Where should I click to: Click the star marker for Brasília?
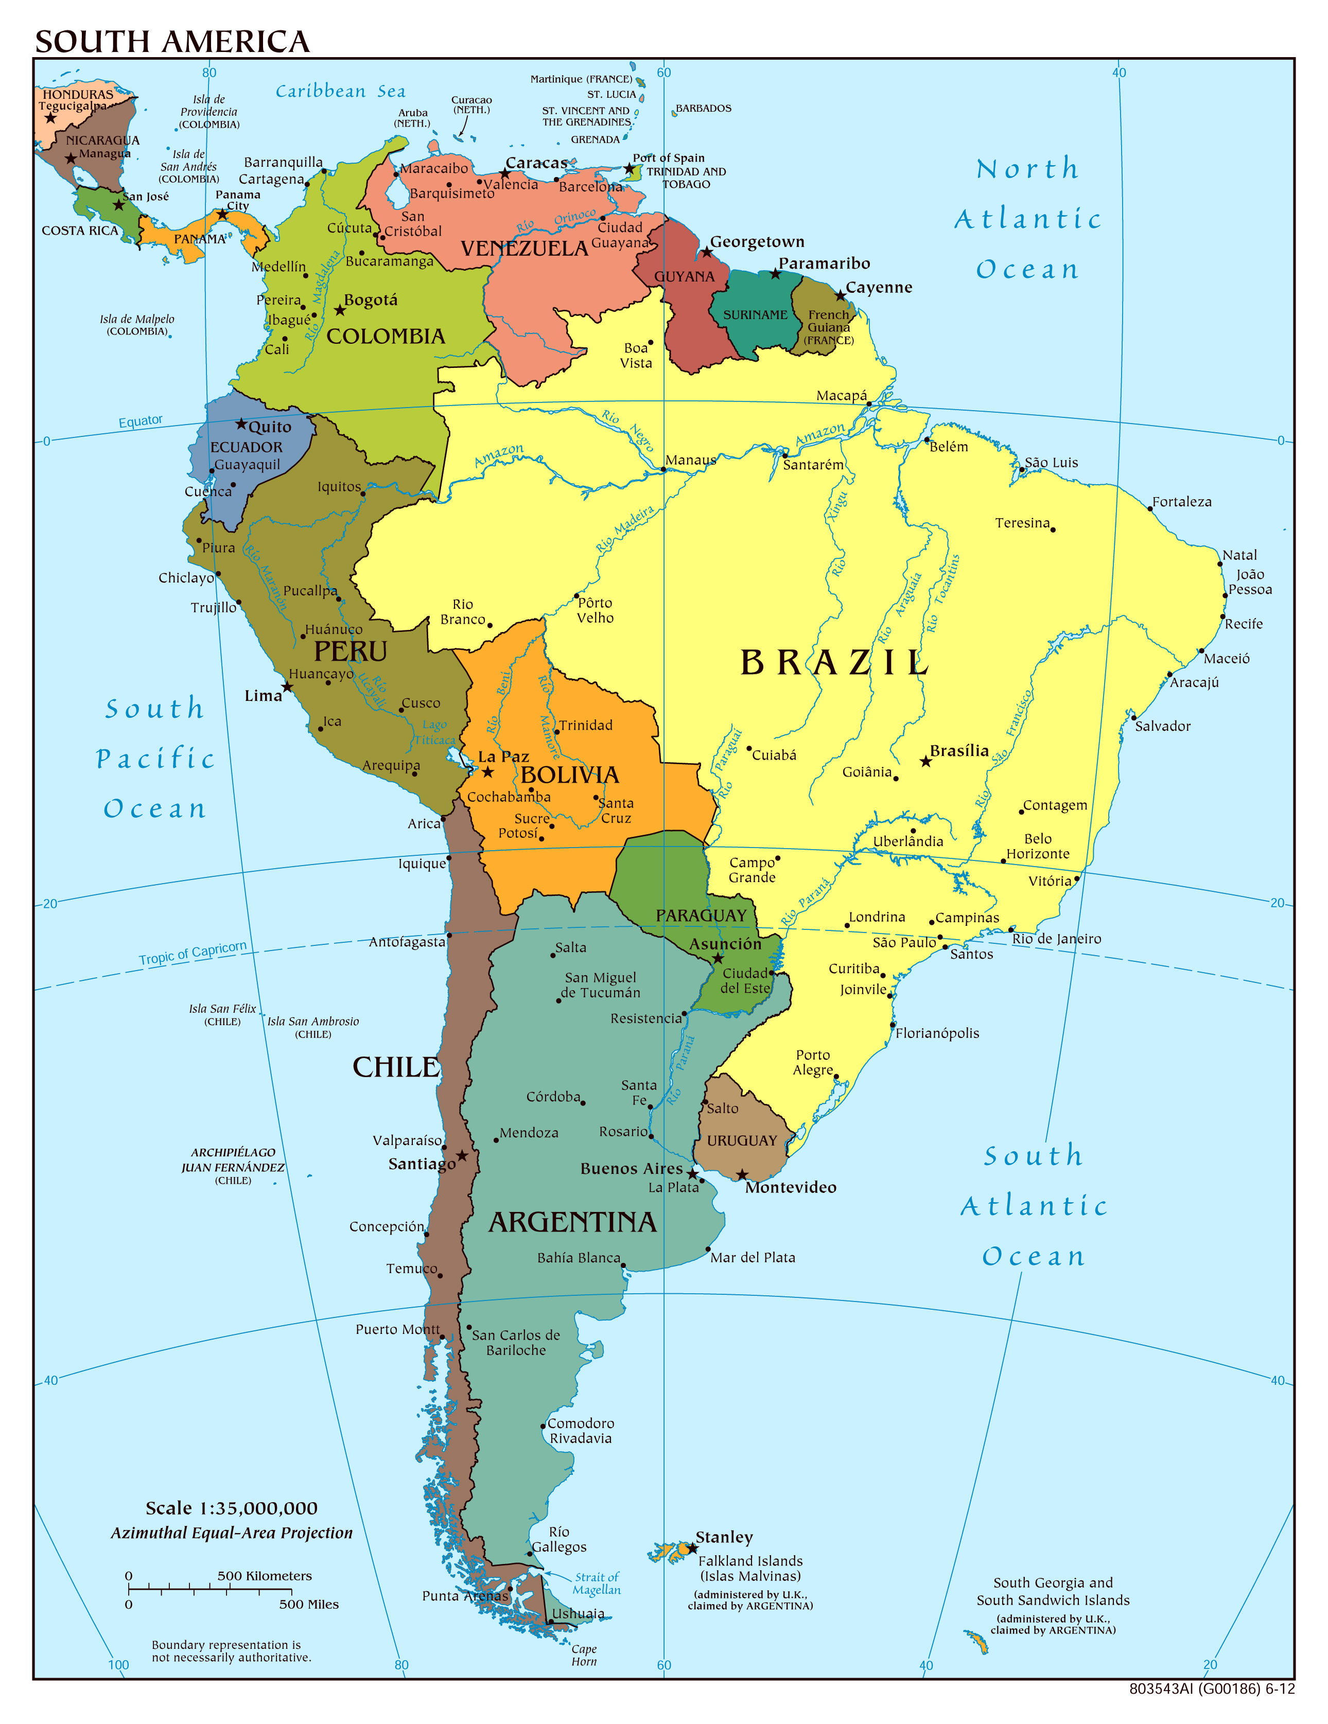(x=925, y=762)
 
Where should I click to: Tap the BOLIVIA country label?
(x=569, y=775)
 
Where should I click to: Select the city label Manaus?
(x=690, y=460)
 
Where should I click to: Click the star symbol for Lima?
(x=287, y=687)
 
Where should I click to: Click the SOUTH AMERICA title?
(x=172, y=42)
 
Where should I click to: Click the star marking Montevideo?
(x=741, y=1174)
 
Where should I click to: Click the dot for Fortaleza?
(x=1150, y=509)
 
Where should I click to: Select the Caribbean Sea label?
(x=340, y=92)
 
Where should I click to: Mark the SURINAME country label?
(x=755, y=315)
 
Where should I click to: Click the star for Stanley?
(x=692, y=1549)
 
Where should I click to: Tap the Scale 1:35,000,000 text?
(x=231, y=1508)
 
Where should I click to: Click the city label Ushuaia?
(x=578, y=1614)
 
